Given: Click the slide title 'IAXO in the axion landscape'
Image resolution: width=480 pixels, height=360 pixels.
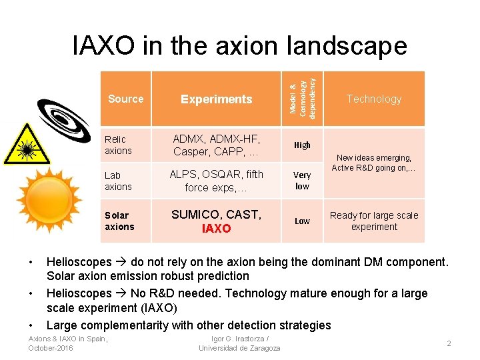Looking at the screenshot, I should [x=239, y=45].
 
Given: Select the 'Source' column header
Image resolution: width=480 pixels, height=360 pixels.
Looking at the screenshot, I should [x=125, y=99].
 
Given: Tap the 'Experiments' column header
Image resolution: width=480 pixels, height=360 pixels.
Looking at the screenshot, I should [x=217, y=99].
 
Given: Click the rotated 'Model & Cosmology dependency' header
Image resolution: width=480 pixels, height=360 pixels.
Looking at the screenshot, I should [x=303, y=97].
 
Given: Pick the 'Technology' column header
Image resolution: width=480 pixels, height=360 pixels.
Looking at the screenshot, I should [x=374, y=99].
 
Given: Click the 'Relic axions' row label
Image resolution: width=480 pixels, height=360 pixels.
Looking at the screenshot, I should [x=118, y=145].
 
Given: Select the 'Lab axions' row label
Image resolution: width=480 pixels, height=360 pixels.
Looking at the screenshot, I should [x=118, y=181].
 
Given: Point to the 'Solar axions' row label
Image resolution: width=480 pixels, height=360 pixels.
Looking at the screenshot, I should [x=119, y=221].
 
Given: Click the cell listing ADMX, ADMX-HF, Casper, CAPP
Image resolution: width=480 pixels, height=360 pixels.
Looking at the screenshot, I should [x=217, y=145].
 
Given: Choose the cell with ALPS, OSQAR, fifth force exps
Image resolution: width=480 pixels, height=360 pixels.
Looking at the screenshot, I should [x=217, y=181].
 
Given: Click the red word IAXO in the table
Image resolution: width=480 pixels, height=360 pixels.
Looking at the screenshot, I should [x=217, y=229].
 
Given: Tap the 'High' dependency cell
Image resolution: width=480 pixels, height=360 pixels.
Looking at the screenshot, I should [x=302, y=145].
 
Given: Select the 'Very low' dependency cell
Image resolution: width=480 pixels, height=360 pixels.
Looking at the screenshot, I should [x=302, y=181].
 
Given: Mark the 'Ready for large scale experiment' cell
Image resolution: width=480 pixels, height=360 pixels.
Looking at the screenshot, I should [x=374, y=221].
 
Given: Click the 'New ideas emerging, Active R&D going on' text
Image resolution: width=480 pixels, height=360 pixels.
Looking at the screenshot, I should [x=374, y=163].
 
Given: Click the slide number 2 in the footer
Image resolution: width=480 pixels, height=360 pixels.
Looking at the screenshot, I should [x=449, y=343].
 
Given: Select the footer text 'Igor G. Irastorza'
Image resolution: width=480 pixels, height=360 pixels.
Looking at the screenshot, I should [x=239, y=339].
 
